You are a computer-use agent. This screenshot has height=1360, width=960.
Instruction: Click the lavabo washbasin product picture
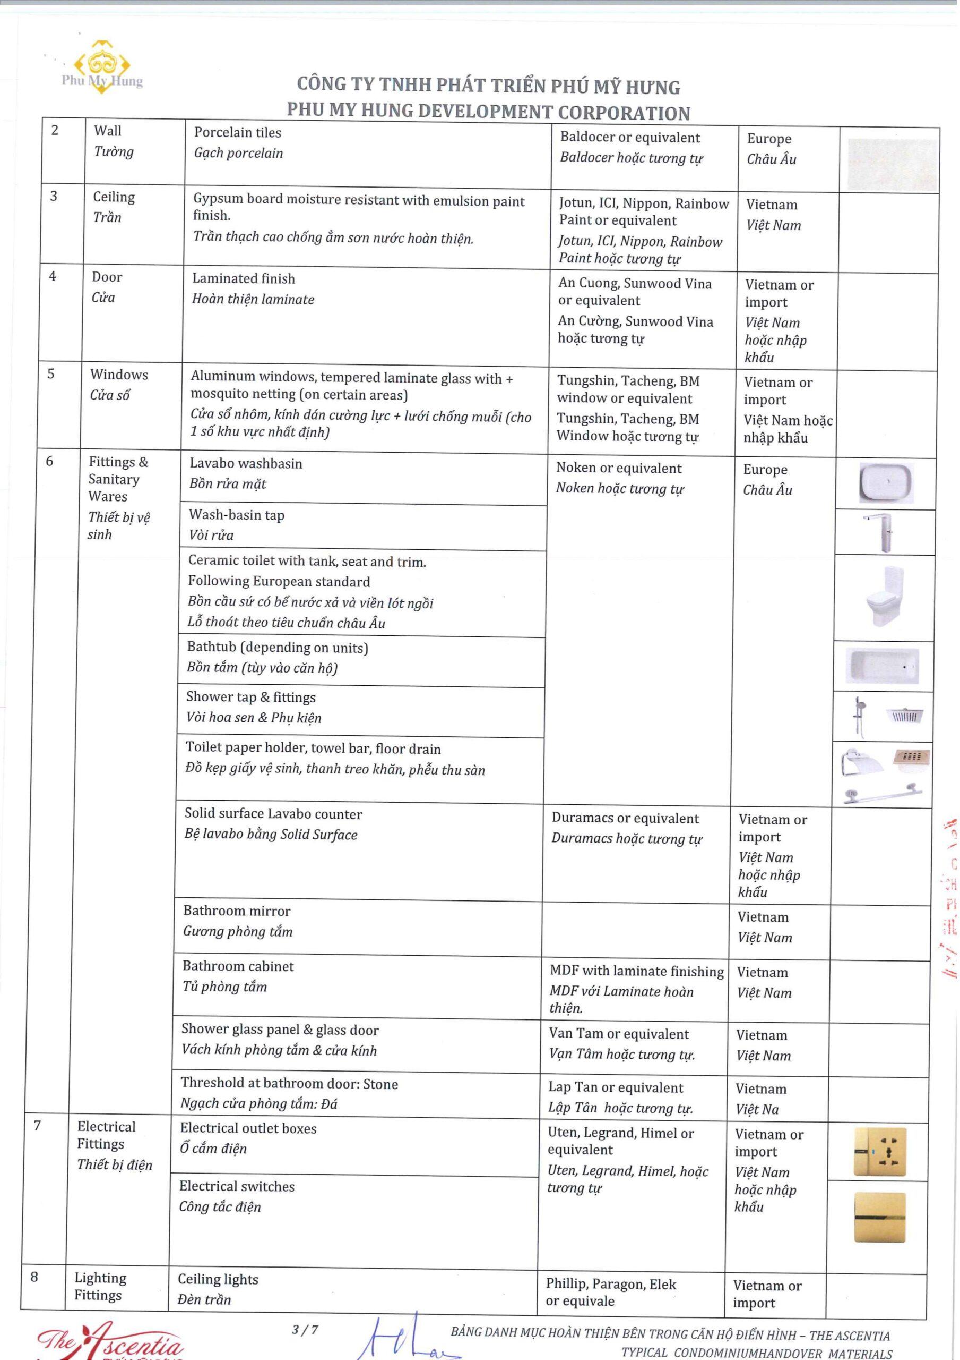click(x=886, y=482)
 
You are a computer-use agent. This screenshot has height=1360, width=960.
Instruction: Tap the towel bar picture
click(x=883, y=793)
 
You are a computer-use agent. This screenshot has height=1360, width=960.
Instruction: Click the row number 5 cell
click(x=51, y=374)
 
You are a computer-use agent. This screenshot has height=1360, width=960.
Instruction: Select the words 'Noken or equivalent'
click(x=618, y=468)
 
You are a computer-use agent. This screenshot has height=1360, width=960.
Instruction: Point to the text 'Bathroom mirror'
click(x=237, y=911)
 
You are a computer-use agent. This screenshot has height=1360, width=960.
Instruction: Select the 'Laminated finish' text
click(x=243, y=278)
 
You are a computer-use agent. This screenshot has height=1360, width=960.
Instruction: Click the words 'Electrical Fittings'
click(x=106, y=1135)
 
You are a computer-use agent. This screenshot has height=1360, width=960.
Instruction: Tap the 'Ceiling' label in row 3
click(x=114, y=197)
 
